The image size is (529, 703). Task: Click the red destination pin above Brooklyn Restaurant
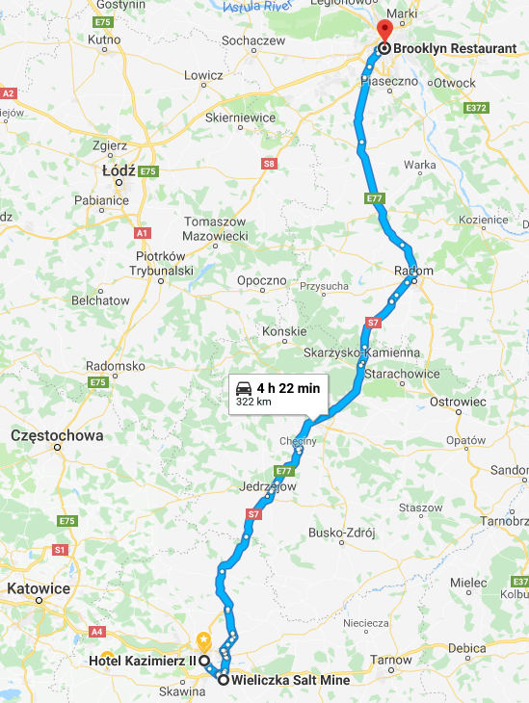click(384, 29)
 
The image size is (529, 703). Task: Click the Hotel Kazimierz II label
click(143, 661)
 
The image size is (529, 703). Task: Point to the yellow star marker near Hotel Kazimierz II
click(203, 639)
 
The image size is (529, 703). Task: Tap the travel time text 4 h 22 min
click(288, 387)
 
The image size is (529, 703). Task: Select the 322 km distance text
click(255, 402)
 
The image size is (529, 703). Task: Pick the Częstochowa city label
click(56, 435)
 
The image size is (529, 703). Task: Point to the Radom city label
click(414, 272)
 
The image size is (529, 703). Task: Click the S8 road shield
click(269, 165)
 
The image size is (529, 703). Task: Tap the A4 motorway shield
click(96, 632)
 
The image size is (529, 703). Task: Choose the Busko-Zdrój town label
click(340, 533)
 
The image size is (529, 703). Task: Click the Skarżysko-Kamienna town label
click(361, 352)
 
